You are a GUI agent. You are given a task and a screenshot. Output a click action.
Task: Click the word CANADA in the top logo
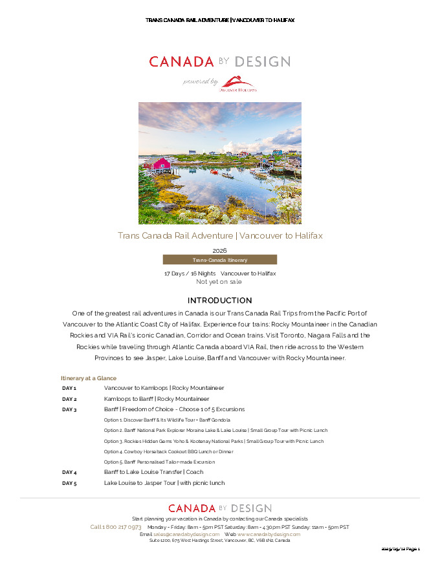(181, 62)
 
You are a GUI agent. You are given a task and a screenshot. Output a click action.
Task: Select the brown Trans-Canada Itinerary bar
(219, 260)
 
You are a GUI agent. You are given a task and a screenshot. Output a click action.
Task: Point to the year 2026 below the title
(219, 250)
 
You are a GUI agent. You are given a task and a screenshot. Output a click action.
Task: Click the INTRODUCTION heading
(219, 301)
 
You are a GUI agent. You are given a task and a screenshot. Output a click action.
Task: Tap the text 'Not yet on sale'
(219, 282)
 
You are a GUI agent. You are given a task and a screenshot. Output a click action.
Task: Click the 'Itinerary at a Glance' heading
(89, 378)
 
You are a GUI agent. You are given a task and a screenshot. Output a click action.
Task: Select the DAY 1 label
(69, 389)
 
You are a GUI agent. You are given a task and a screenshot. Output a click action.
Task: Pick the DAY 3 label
(69, 410)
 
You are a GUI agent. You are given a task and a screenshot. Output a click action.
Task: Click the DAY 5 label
(69, 484)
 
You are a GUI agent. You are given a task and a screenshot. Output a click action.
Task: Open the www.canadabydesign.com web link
(269, 534)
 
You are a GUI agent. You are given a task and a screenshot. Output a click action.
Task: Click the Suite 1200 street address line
(219, 541)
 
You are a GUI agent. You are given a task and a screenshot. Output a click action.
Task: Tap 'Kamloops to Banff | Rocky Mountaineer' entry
(157, 399)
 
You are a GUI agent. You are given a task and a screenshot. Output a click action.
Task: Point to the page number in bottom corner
(401, 549)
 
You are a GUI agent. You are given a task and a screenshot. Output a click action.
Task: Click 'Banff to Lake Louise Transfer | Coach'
(153, 473)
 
